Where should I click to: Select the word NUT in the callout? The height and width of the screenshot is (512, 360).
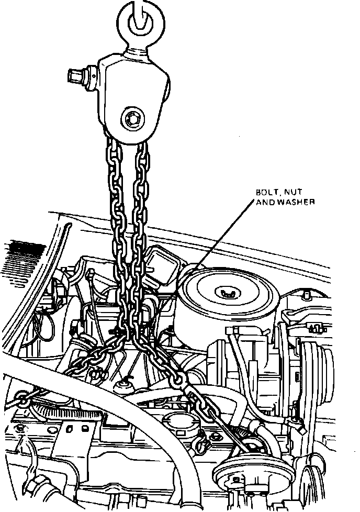[290, 193]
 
